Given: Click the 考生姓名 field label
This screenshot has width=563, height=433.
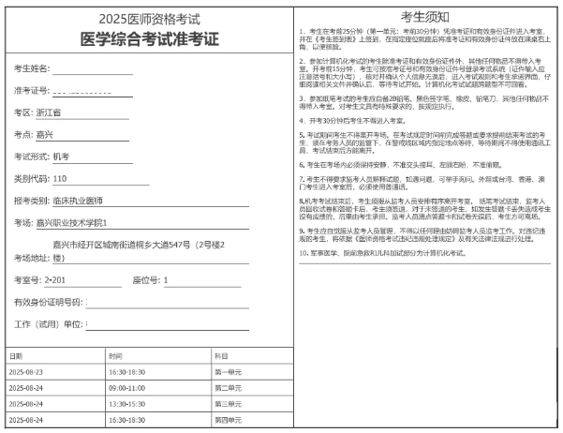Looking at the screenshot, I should pyautogui.click(x=31, y=69).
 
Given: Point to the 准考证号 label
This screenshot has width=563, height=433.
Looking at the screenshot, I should pyautogui.click(x=31, y=91).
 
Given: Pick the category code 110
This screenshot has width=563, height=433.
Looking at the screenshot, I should pyautogui.click(x=59, y=178).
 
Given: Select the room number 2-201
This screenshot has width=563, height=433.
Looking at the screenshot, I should pyautogui.click(x=55, y=279).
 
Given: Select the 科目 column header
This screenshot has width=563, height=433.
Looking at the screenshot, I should pyautogui.click(x=221, y=356).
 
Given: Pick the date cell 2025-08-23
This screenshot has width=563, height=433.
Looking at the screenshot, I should pyautogui.click(x=26, y=372).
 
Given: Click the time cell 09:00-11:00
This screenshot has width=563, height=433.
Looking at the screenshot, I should pyautogui.click(x=126, y=388).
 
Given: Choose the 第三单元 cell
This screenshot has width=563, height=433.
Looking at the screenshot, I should pyautogui.click(x=229, y=404).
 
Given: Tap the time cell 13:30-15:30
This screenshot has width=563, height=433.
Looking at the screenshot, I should pyautogui.click(x=126, y=404).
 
